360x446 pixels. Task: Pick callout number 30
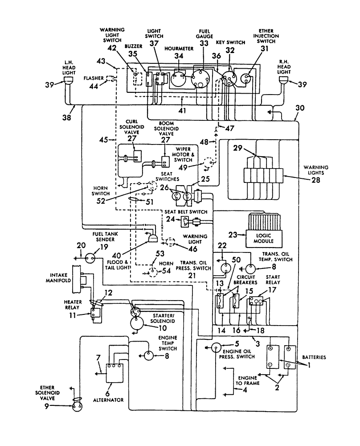pyautogui.click(x=300, y=108)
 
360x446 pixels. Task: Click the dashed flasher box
pyautogui.click(x=109, y=78)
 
